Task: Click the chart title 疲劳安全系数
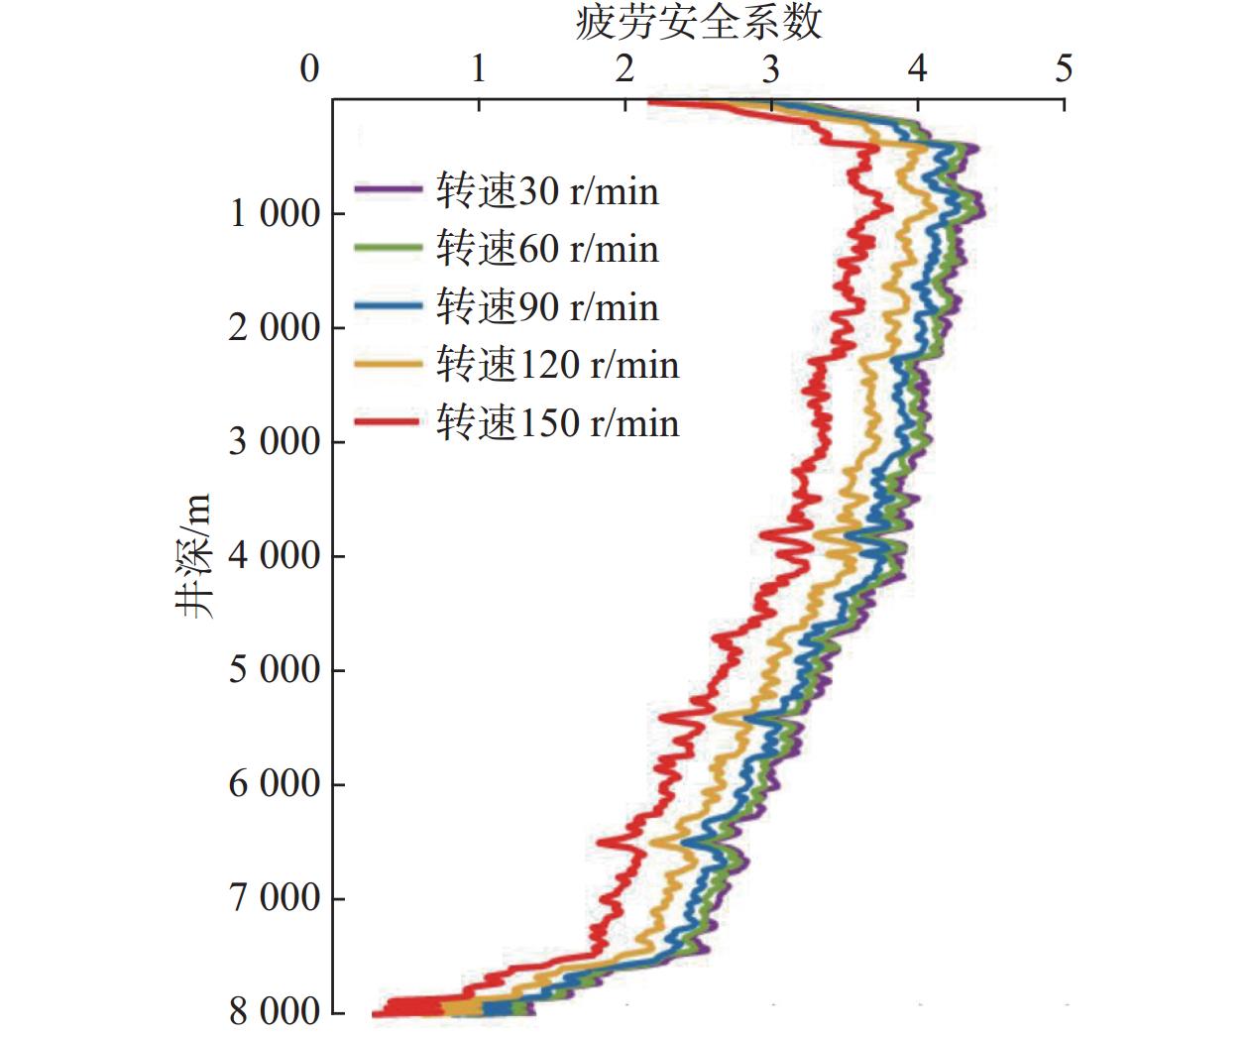pyautogui.click(x=698, y=22)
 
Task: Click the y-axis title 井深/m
pyautogui.click(x=195, y=555)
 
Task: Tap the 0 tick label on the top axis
pyautogui.click(x=310, y=68)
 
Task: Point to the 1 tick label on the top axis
pyautogui.click(x=479, y=68)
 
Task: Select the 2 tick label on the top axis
pyautogui.click(x=624, y=68)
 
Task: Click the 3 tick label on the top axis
pyautogui.click(x=771, y=68)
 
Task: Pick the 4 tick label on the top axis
pyautogui.click(x=918, y=68)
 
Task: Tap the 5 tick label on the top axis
pyautogui.click(x=1064, y=68)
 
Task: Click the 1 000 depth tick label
pyautogui.click(x=275, y=213)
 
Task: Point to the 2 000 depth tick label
pyautogui.click(x=275, y=327)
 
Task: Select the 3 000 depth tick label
pyautogui.click(x=275, y=441)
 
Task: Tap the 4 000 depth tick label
pyautogui.click(x=275, y=555)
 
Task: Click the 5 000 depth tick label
pyautogui.click(x=275, y=669)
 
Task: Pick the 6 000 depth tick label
pyautogui.click(x=275, y=783)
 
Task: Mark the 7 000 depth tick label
pyautogui.click(x=275, y=898)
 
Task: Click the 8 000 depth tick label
pyautogui.click(x=275, y=1012)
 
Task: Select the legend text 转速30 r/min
pyautogui.click(x=547, y=190)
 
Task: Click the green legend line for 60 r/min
pyautogui.click(x=389, y=248)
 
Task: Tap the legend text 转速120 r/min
pyautogui.click(x=557, y=365)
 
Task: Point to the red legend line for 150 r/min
pyautogui.click(x=389, y=422)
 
